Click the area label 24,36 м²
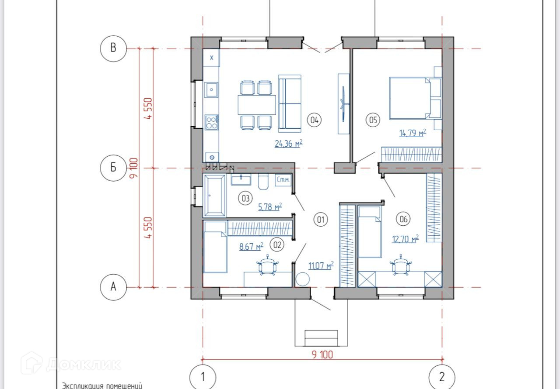coord(289,144)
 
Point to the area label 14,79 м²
coord(413,133)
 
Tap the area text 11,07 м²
coord(321,266)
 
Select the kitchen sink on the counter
coord(211,90)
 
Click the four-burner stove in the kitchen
coord(212,122)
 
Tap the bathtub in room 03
coord(214,196)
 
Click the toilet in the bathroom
coord(263,182)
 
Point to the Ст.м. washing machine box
coord(283,180)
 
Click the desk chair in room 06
coord(401,266)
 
